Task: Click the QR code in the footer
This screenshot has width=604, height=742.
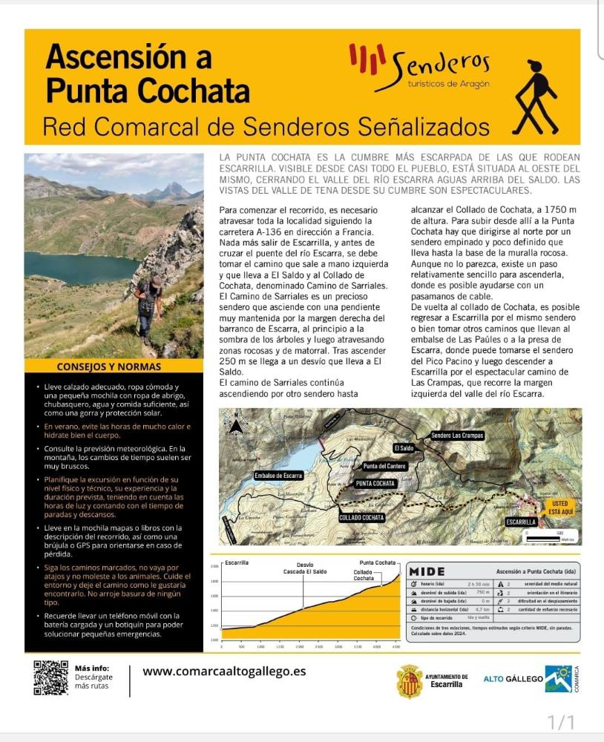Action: click(x=50, y=677)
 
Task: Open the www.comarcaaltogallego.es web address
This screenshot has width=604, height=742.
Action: click(x=224, y=672)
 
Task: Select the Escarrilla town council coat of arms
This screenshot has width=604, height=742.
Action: click(x=409, y=680)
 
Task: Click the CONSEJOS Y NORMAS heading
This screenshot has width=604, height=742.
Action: click(x=108, y=367)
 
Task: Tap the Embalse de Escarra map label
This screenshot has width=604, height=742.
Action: click(x=279, y=475)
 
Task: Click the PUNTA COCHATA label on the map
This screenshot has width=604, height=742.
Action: click(x=375, y=484)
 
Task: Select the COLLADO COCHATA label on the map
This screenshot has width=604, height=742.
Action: click(x=361, y=517)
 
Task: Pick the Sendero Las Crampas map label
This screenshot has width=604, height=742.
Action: click(x=457, y=435)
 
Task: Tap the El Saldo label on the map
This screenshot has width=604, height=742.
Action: click(x=404, y=448)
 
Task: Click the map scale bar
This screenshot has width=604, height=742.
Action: click(x=550, y=536)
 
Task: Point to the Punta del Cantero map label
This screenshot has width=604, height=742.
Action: click(x=384, y=467)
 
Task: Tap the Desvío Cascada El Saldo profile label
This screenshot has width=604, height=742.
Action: click(x=305, y=568)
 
